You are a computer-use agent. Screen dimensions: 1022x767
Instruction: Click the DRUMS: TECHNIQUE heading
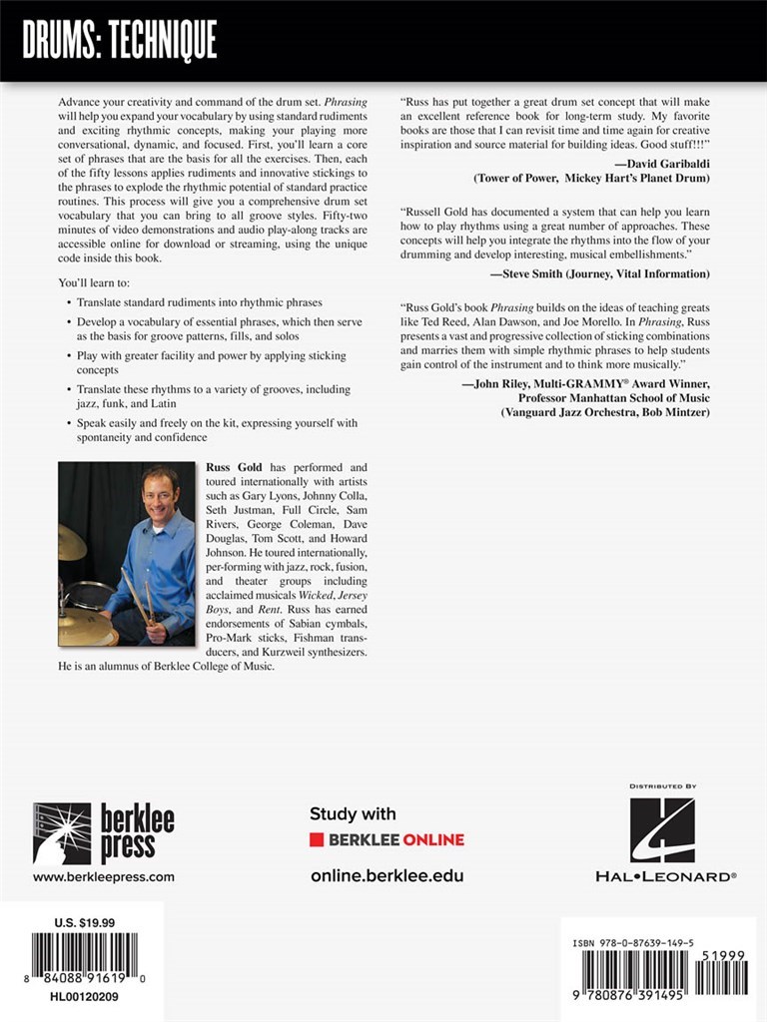[119, 41]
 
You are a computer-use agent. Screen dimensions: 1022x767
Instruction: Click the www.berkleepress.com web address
[104, 877]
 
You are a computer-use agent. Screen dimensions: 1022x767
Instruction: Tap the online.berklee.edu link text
[386, 875]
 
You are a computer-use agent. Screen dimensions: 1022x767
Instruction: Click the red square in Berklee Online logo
[316, 839]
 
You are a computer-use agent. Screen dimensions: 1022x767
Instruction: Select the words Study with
[353, 813]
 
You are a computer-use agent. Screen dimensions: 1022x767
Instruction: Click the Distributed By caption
[663, 786]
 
